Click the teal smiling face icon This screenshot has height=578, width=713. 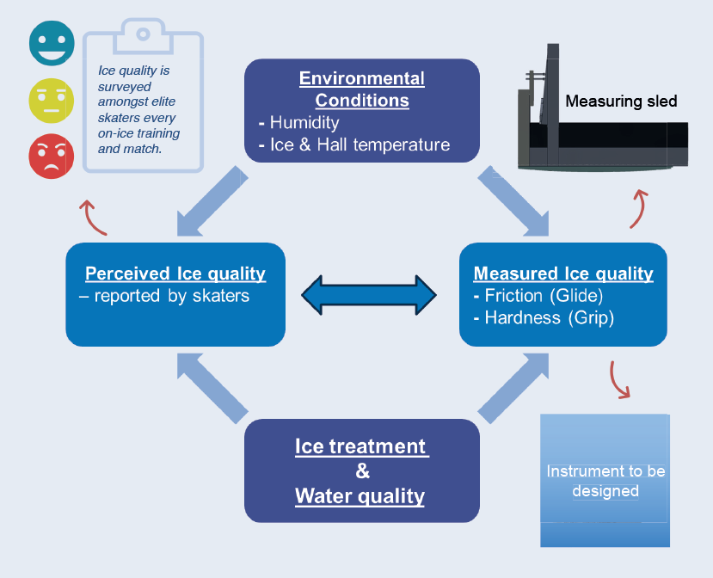(52, 43)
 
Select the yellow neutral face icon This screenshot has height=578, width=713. (52, 101)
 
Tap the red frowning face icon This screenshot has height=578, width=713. (52, 157)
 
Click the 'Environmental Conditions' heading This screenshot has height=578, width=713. (361, 89)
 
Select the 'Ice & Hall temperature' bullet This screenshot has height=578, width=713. (360, 144)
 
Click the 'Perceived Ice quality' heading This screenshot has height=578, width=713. (175, 274)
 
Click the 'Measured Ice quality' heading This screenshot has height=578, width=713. (563, 274)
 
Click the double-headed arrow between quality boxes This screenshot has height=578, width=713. (369, 294)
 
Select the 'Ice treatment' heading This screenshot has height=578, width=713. (361, 447)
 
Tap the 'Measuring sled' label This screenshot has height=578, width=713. (621, 101)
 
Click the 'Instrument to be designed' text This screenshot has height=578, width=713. (605, 481)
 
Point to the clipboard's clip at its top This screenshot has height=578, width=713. (143, 34)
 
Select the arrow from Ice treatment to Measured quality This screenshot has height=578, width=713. (513, 388)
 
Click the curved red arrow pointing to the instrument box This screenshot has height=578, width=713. (618, 379)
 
